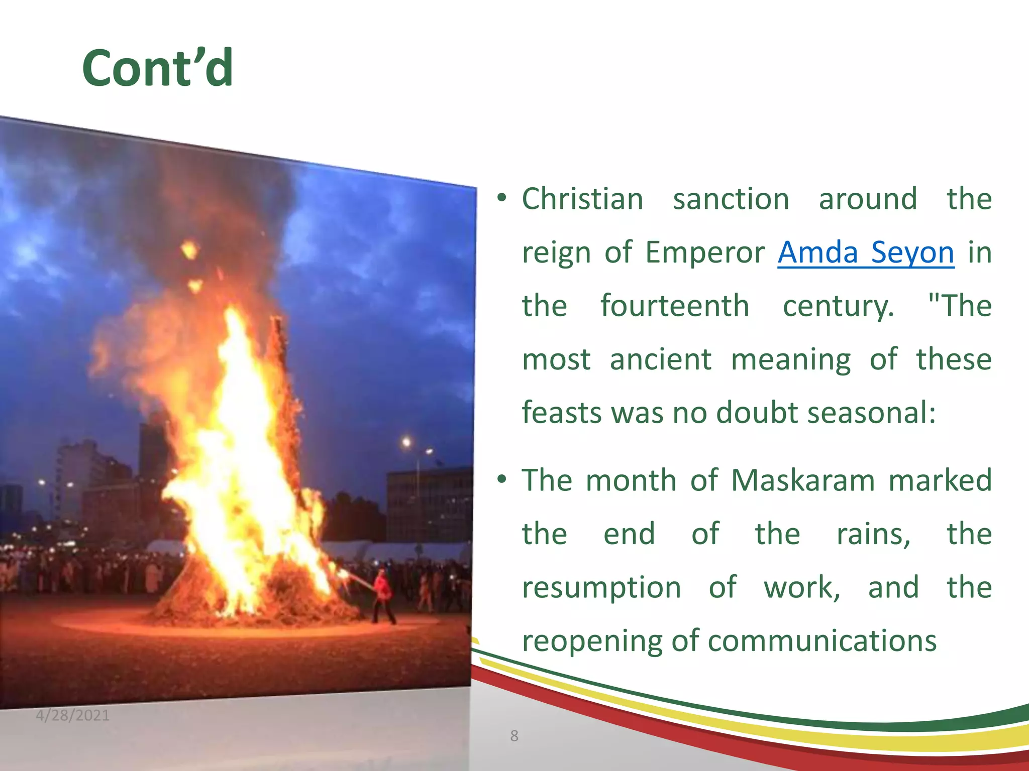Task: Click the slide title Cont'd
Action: [157, 68]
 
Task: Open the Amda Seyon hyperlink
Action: [865, 252]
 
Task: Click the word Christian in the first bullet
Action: [582, 199]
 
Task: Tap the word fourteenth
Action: [674, 306]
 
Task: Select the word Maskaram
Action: [802, 480]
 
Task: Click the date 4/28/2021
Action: [72, 715]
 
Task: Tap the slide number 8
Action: [514, 736]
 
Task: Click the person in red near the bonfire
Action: [383, 595]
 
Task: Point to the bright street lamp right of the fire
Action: [406, 442]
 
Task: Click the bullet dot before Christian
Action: [501, 198]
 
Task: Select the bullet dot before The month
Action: [501, 480]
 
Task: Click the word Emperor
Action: [704, 252]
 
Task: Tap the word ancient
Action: [660, 359]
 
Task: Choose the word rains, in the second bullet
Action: [873, 534]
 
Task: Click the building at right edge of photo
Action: [430, 504]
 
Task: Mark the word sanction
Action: [731, 199]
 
